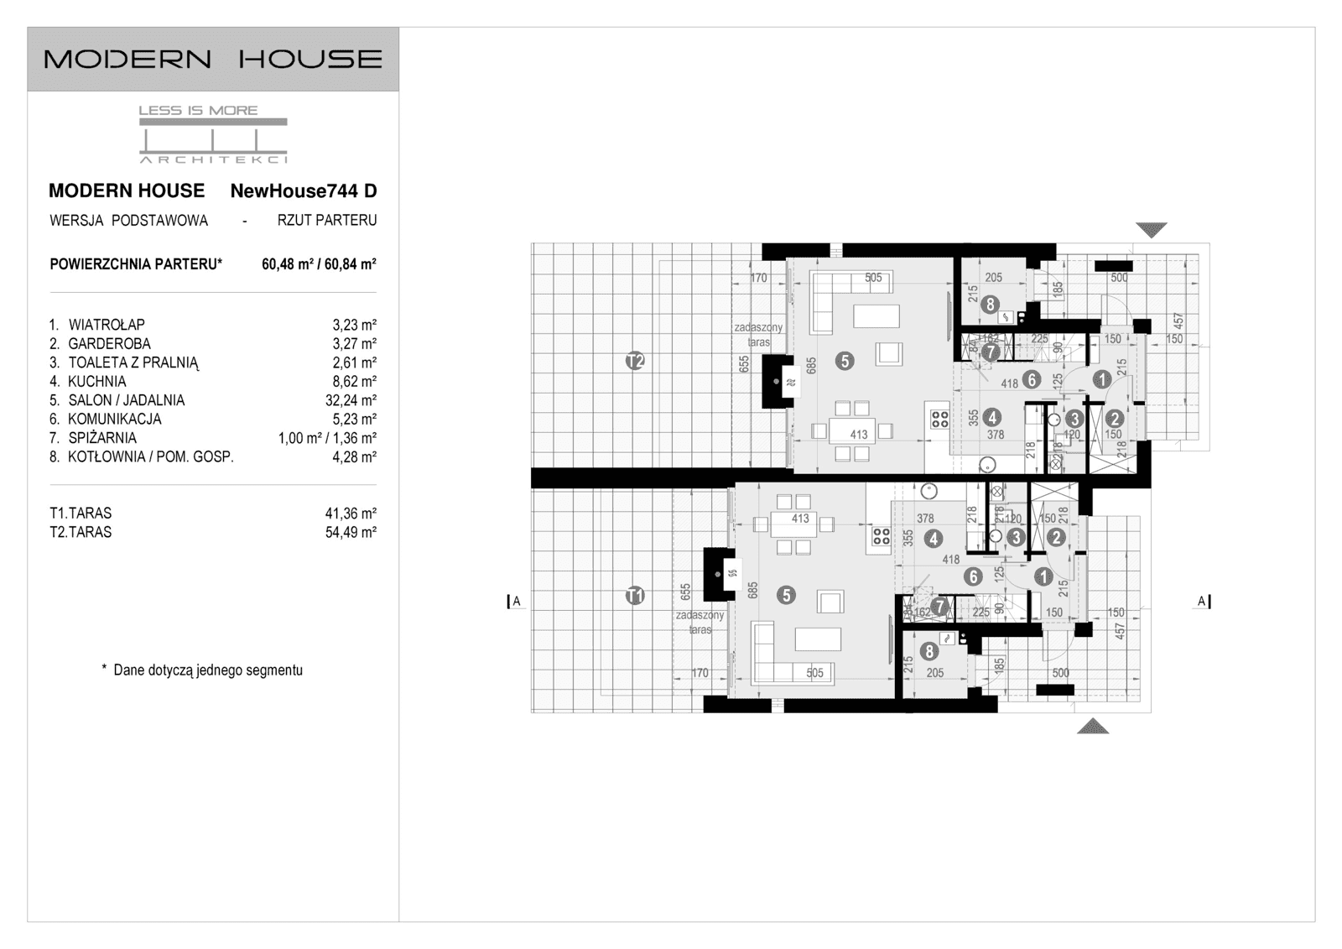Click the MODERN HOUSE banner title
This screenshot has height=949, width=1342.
pos(212,59)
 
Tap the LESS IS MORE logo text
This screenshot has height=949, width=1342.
pos(198,110)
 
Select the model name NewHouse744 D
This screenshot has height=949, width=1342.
pos(304,190)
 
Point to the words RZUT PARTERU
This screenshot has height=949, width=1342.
pos(327,221)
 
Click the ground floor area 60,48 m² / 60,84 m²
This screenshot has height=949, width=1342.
pos(319,264)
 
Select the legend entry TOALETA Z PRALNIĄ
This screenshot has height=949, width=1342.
pos(133,362)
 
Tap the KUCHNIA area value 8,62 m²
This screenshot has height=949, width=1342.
pos(354,382)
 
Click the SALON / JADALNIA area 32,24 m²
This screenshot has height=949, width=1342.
pos(351,400)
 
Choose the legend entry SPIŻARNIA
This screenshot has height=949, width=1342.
pos(101,438)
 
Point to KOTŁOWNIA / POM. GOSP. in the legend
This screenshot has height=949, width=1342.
pos(151,457)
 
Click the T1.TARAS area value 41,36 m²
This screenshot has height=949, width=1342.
pos(351,514)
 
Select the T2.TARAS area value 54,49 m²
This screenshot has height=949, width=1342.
pos(351,532)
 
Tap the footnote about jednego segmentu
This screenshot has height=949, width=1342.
pos(202,670)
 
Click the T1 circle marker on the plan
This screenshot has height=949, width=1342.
pos(635,596)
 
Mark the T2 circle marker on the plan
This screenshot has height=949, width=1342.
pos(635,362)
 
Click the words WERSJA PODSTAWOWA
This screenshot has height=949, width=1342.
pos(128,221)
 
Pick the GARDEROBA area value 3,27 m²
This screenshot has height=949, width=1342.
pos(354,344)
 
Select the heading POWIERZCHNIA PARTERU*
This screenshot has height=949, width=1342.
pos(136,264)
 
